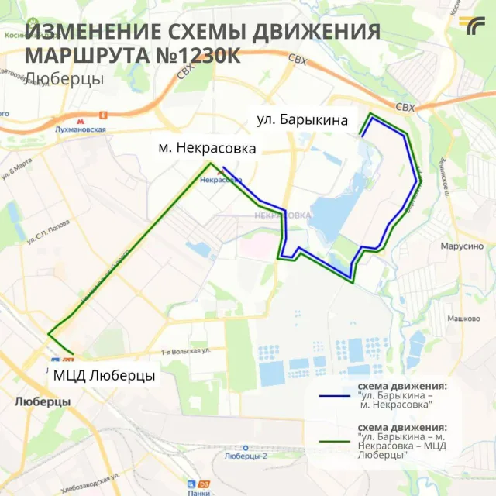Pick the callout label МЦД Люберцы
[104, 377]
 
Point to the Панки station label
[198, 491]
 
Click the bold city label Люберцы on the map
[43, 402]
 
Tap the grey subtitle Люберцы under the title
[64, 79]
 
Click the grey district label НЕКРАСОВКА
[277, 215]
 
